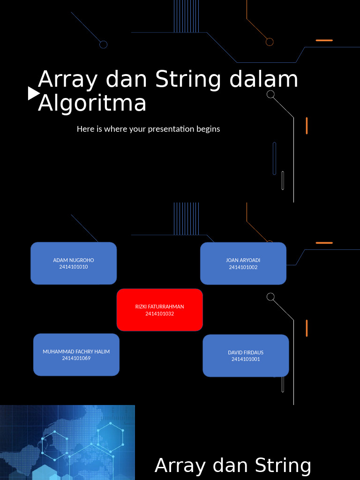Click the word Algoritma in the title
(x=92, y=103)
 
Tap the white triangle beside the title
(x=33, y=93)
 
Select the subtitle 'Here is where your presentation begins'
(x=148, y=128)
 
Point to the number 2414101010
(x=74, y=267)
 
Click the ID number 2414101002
(x=243, y=267)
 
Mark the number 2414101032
(x=159, y=314)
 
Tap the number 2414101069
(x=76, y=358)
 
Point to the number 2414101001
(x=246, y=359)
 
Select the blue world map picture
(x=67, y=442)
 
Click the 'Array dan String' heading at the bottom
(x=233, y=465)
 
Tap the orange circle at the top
(x=270, y=42)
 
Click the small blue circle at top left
(x=104, y=45)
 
